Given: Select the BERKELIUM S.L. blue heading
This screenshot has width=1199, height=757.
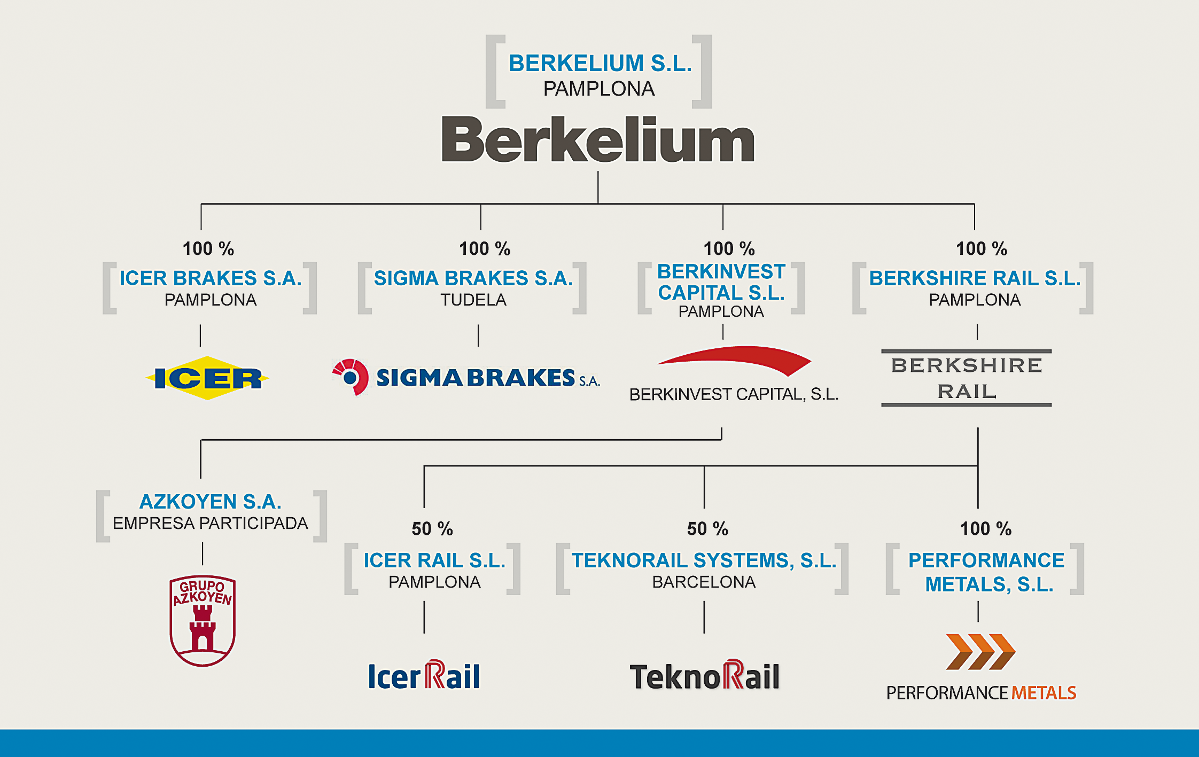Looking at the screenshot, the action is coord(600,63).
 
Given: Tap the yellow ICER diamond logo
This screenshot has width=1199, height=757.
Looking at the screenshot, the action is coord(207,378).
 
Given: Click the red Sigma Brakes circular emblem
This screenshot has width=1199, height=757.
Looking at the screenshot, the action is coord(350,377).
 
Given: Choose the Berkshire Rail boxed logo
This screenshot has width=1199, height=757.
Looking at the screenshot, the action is coord(967,378).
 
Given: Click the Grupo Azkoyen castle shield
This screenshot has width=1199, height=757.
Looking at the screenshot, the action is coord(203,621).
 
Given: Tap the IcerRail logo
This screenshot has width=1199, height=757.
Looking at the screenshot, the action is coord(424,675).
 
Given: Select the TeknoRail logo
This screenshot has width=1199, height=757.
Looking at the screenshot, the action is coord(705,675).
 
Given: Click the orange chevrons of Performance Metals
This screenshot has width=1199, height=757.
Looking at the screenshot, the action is coord(980,652).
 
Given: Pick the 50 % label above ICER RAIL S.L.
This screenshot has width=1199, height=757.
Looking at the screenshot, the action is coord(432,529).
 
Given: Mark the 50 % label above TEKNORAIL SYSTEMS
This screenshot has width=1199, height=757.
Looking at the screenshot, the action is coord(707,529).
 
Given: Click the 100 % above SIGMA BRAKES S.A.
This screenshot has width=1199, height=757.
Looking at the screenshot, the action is coord(485,249).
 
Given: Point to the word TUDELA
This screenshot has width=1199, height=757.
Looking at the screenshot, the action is coord(473,300).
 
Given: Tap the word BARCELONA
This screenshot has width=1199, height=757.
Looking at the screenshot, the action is coord(704,582).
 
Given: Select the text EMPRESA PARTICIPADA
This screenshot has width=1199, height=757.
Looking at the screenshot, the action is coord(211,523).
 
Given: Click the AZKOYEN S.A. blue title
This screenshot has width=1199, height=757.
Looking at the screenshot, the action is coord(211,502).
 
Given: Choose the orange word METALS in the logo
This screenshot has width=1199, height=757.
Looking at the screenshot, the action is coord(1044,693).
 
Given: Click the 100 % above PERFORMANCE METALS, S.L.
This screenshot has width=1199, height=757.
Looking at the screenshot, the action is coord(986,529).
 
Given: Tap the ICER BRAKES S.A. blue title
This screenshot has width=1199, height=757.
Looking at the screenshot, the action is coord(211,278).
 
